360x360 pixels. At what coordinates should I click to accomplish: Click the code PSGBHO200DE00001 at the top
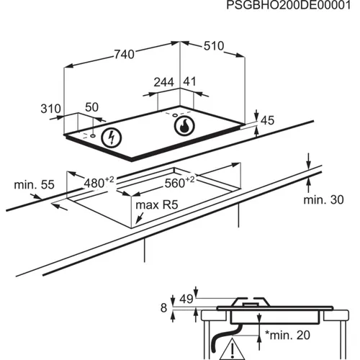[289, 5]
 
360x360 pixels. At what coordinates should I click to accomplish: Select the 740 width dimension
[125, 54]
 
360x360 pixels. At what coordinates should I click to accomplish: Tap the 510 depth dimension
[214, 46]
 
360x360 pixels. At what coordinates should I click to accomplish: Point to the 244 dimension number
[163, 82]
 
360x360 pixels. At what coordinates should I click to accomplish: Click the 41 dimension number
[189, 81]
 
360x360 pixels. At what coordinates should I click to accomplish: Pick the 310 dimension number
[50, 109]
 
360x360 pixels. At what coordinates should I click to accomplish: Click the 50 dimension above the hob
[91, 107]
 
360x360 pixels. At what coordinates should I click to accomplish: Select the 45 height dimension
[267, 120]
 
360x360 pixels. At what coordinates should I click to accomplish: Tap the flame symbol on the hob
[184, 126]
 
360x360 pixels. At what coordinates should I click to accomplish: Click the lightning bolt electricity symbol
[111, 138]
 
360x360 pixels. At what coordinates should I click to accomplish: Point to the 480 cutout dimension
[99, 183]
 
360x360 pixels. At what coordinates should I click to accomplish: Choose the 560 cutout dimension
[179, 182]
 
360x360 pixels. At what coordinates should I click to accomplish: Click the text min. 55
[34, 185]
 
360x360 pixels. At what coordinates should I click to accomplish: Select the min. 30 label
[323, 199]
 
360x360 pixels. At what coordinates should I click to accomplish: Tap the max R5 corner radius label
[157, 205]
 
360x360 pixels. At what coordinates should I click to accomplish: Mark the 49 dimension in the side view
[186, 299]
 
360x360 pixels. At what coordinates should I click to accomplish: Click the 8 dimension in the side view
[163, 308]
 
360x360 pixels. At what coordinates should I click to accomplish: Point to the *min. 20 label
[287, 335]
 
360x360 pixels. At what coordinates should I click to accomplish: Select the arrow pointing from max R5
[140, 218]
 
